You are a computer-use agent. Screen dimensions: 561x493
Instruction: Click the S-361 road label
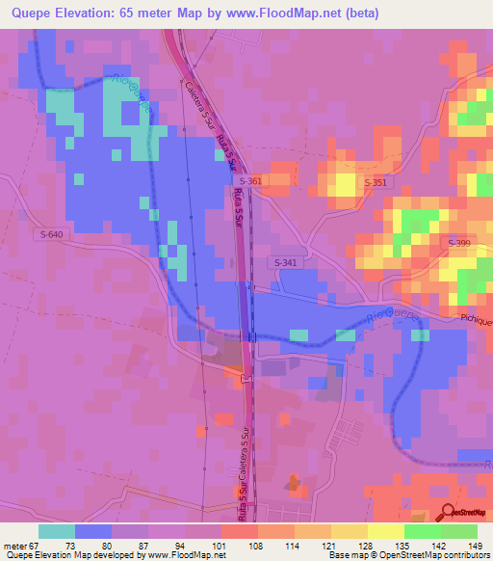[x=249, y=180]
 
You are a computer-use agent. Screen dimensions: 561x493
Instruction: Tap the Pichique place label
[x=475, y=320]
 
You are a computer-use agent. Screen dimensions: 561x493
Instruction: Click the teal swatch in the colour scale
[x=57, y=531]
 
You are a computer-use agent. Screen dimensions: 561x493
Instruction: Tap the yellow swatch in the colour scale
[x=385, y=531]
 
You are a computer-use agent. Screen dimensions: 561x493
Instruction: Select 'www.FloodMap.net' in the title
[x=282, y=13]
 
